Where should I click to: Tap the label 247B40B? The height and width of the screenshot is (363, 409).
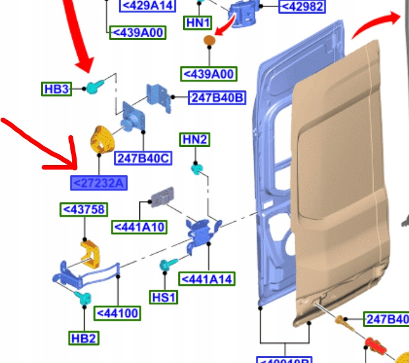(x=217, y=98)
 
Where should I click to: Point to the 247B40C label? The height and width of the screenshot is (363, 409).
(x=143, y=158)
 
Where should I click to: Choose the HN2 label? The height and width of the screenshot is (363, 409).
(x=194, y=140)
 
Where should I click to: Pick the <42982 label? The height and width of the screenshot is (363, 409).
(x=301, y=6)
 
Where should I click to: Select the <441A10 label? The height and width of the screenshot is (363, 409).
(x=139, y=227)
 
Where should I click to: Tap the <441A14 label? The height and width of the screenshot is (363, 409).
(x=207, y=279)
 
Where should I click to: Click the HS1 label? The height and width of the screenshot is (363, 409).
(x=164, y=297)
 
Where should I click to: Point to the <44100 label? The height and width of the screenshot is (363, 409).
(x=117, y=313)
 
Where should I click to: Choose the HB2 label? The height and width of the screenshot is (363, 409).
(x=83, y=338)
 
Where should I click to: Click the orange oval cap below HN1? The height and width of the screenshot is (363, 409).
(x=210, y=42)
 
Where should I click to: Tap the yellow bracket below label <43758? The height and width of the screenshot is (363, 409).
(x=91, y=252)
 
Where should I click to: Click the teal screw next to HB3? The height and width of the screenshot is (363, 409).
(x=95, y=87)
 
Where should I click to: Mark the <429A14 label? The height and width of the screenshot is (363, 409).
(x=147, y=6)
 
